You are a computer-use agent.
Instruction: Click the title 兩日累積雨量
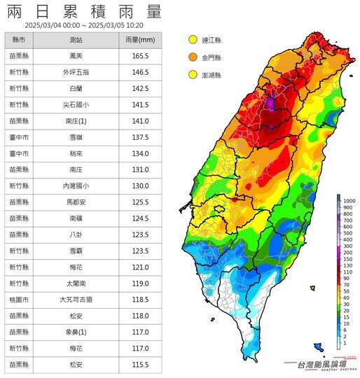[x=83, y=12]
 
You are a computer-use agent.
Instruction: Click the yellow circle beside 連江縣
[x=193, y=39]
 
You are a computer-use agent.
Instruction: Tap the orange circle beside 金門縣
[x=193, y=57]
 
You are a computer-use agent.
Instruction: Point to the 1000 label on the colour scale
[x=347, y=201]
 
